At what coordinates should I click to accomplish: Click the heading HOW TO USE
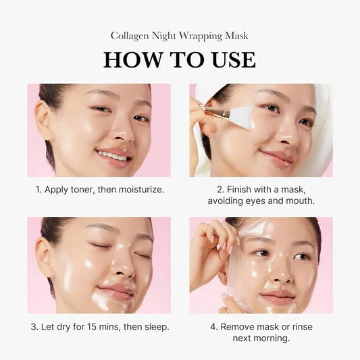click(180, 59)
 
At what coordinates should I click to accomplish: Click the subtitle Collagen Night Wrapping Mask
click(180, 35)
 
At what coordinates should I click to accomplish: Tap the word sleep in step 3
click(153, 327)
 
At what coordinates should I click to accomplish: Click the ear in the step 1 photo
click(43, 122)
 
